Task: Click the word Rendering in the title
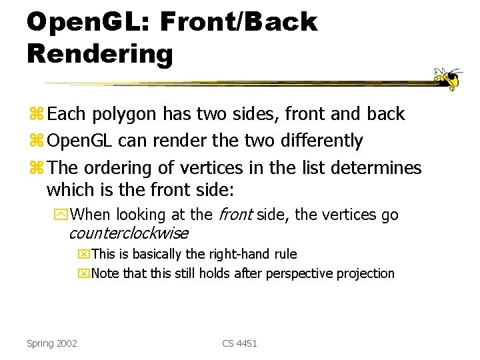pos(100,53)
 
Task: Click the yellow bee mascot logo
pos(449,78)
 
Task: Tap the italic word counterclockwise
pos(128,233)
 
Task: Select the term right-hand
pos(246,254)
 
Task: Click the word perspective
pos(305,274)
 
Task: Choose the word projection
pos(367,274)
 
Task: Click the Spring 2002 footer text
pos(52,343)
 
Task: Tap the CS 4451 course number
pos(239,343)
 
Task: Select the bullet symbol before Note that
pos(84,274)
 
